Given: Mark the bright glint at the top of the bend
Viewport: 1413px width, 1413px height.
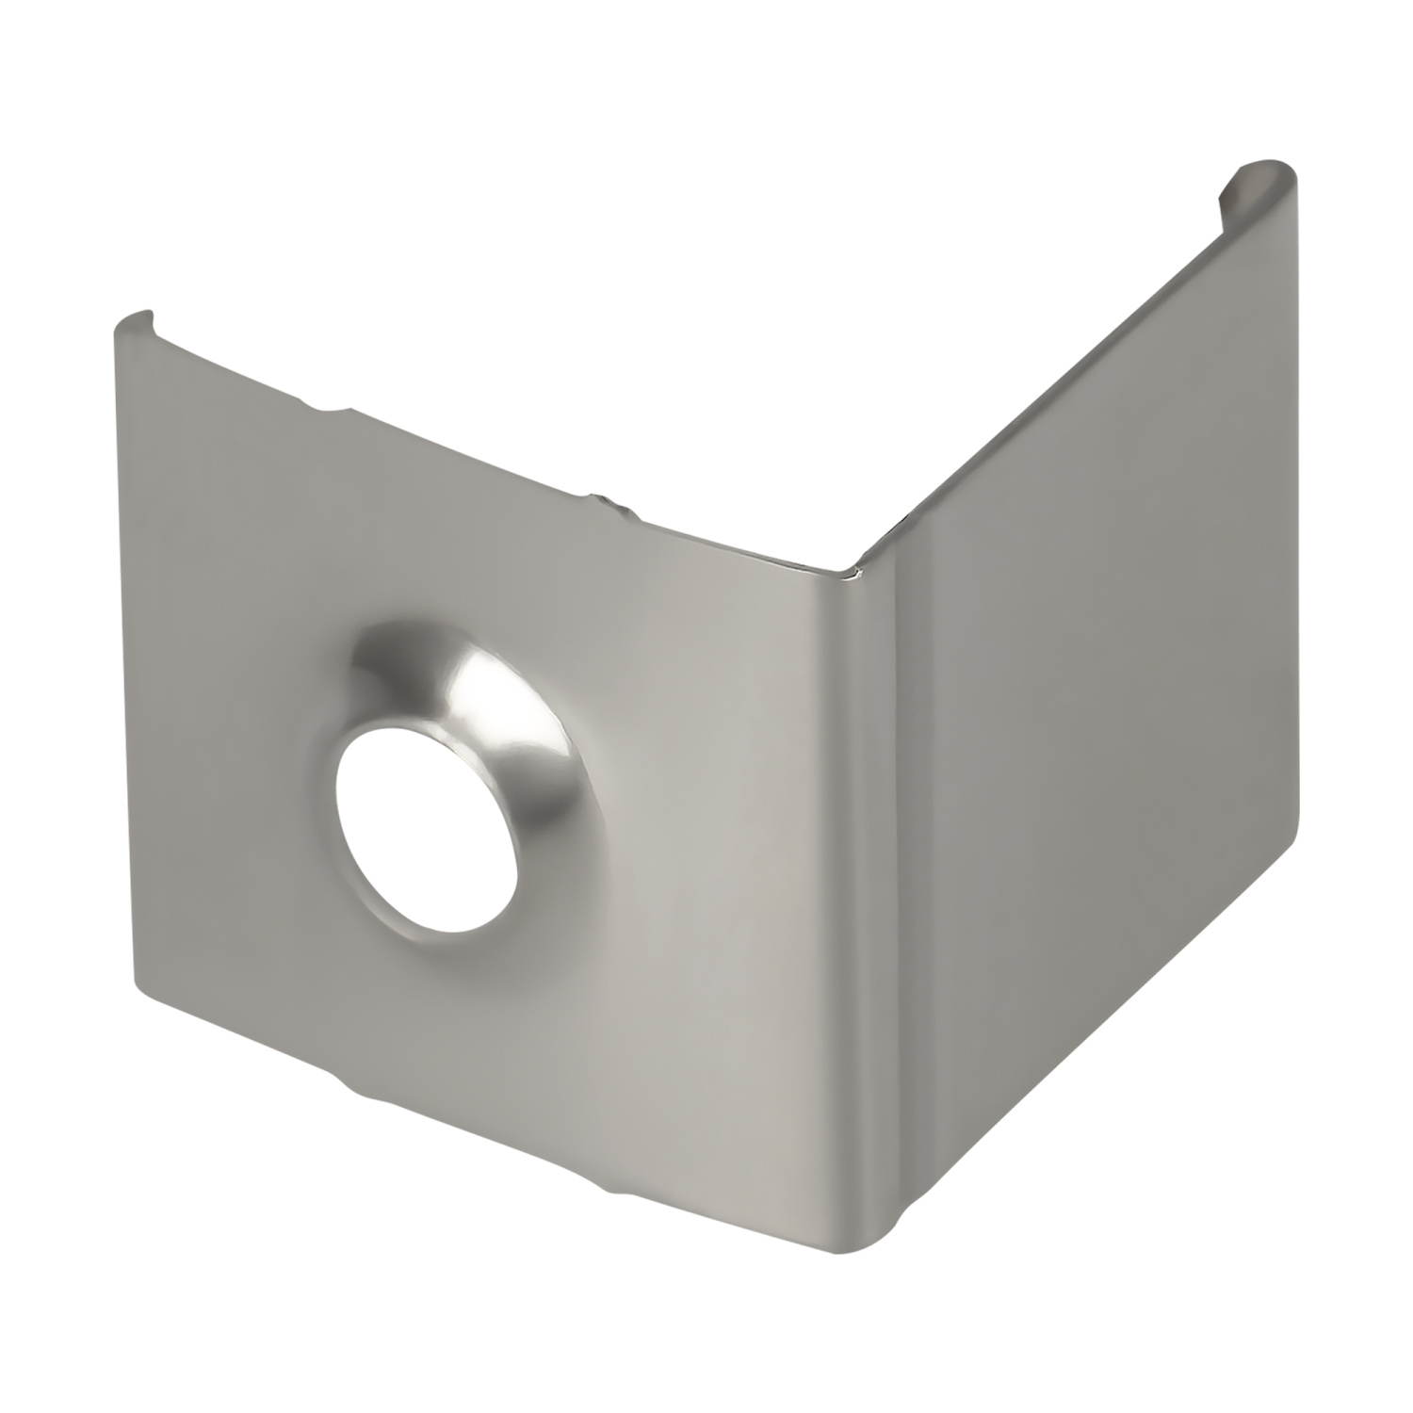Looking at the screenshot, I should click(853, 571).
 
